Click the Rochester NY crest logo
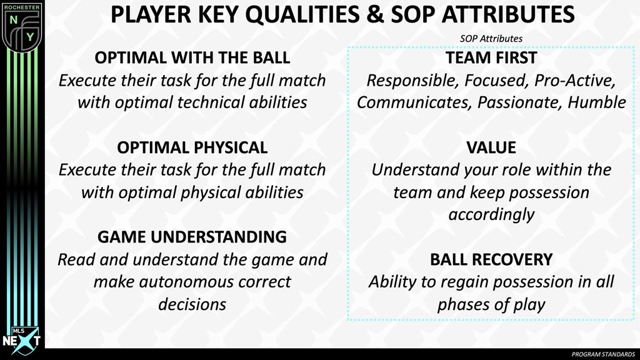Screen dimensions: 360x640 pyautogui.click(x=21, y=26)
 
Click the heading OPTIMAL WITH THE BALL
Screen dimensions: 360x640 pyautogui.click(x=192, y=58)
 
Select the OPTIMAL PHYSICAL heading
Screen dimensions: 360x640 pyautogui.click(x=192, y=147)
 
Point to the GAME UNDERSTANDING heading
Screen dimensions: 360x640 pyautogui.click(x=192, y=237)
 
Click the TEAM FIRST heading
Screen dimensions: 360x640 pyautogui.click(x=491, y=58)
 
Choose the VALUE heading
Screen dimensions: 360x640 pyautogui.click(x=491, y=147)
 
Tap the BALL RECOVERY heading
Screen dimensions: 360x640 pyautogui.click(x=491, y=259)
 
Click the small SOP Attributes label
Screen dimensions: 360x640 pyautogui.click(x=491, y=39)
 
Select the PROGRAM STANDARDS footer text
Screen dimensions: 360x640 pyautogui.click(x=603, y=354)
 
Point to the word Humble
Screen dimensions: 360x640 pyautogui.click(x=596, y=102)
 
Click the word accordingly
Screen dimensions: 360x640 pyautogui.click(x=491, y=214)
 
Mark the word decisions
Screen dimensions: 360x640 pyautogui.click(x=192, y=304)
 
